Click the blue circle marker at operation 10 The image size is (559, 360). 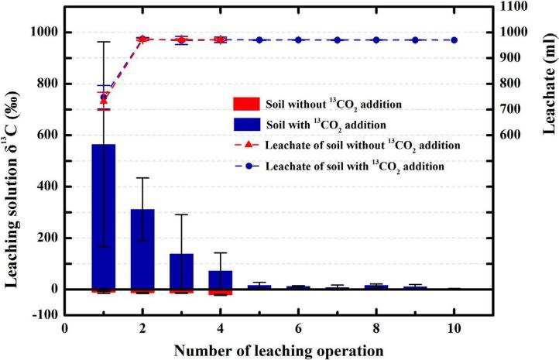click(454, 39)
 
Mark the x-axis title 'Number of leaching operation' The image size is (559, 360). click(279, 349)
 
